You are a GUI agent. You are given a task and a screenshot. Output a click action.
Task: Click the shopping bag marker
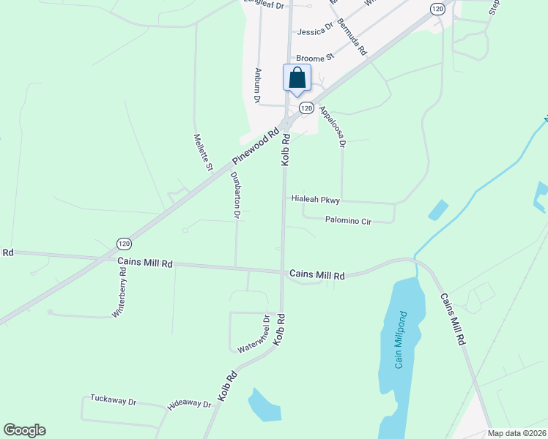tap(297, 78)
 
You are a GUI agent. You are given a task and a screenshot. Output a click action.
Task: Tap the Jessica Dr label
tap(316, 31)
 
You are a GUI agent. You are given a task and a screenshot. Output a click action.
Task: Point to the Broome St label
tap(315, 57)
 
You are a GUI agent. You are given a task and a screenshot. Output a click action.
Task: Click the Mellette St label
tap(203, 152)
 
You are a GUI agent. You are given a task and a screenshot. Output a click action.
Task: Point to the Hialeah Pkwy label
tap(316, 198)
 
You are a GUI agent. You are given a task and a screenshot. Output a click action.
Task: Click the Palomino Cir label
tap(349, 219)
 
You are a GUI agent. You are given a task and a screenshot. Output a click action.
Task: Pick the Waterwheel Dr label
tap(253, 333)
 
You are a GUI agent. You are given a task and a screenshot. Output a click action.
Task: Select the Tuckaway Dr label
tap(114, 400)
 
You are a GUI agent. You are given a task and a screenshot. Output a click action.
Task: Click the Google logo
tap(24, 429)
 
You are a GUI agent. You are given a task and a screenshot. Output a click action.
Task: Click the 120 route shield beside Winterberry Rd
tap(124, 243)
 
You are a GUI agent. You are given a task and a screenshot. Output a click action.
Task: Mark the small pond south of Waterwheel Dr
tap(264, 405)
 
